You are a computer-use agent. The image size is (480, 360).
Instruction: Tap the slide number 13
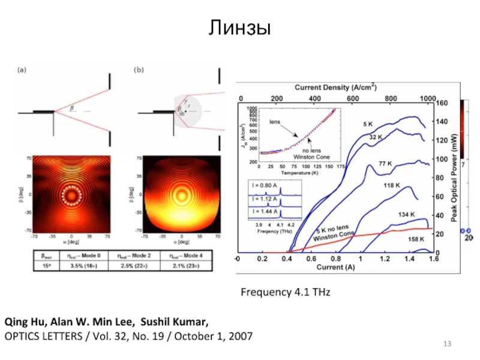coord(446,343)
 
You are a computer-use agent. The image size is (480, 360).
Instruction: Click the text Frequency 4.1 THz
coord(286,292)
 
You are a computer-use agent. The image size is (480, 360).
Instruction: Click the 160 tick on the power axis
coord(441,103)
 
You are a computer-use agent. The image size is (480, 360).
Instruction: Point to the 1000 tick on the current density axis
coord(427,98)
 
